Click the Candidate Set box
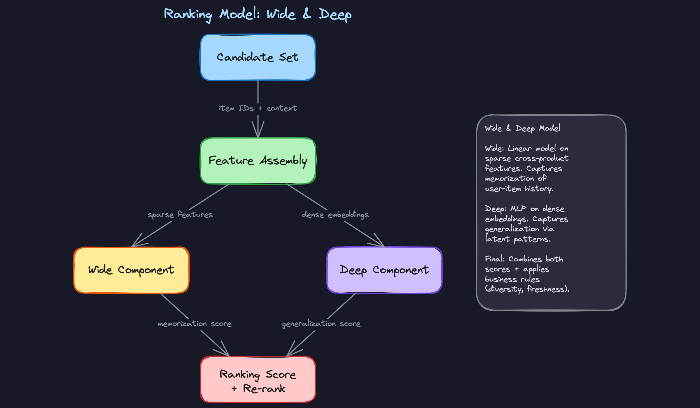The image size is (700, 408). point(258,57)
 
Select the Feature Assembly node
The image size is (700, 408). point(258,161)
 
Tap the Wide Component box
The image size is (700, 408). point(131,270)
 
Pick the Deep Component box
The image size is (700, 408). point(384,270)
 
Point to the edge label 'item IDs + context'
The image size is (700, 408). point(258,108)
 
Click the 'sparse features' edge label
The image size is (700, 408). point(180,215)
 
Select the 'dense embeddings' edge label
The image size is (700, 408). point(335,215)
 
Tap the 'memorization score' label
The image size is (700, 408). point(195,324)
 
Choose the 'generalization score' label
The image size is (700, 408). point(321,324)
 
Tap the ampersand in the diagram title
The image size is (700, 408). point(307,14)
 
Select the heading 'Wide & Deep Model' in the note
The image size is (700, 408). point(522,128)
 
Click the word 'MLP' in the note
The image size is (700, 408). point(518,209)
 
